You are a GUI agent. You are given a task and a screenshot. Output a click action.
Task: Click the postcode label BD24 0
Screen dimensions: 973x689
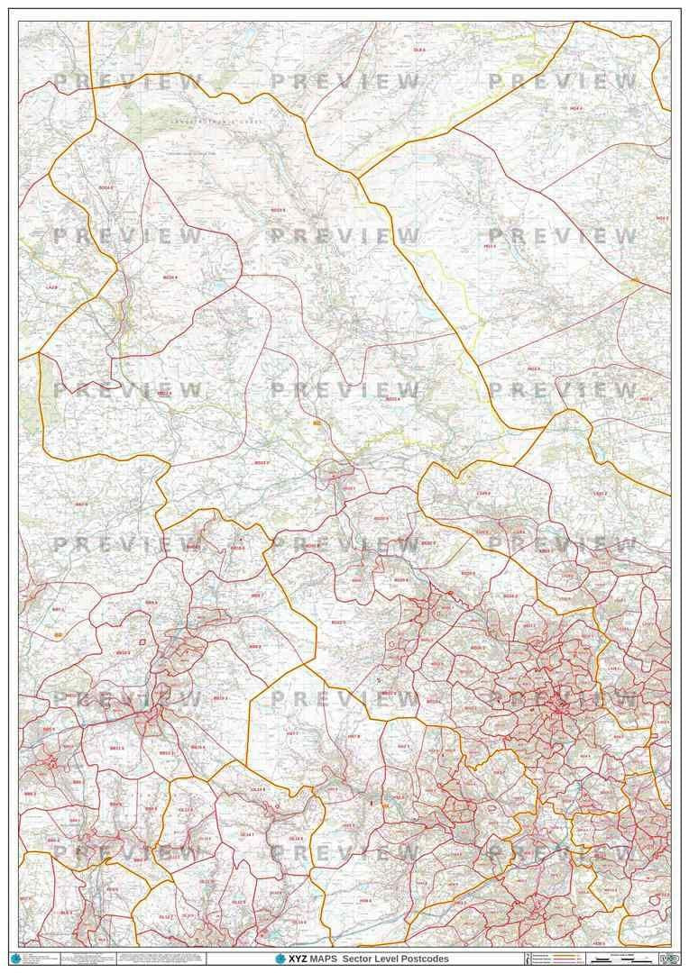point(106,187)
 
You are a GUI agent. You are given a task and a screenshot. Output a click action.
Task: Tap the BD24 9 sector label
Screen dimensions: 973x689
point(170,277)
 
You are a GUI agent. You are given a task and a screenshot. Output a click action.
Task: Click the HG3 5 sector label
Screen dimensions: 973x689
point(516,245)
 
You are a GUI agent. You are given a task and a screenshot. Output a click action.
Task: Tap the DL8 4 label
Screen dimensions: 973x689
point(418,50)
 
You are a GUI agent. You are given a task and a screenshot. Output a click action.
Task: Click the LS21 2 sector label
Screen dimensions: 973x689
point(600,494)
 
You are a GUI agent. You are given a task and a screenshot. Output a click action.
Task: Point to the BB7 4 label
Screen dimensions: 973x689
point(81,505)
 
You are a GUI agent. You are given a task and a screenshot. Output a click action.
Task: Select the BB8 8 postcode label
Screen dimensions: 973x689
point(255,646)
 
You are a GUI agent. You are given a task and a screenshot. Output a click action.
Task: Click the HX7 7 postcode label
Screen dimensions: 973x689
point(292,734)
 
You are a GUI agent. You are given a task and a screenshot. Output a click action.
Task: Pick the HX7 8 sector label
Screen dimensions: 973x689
point(354,737)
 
